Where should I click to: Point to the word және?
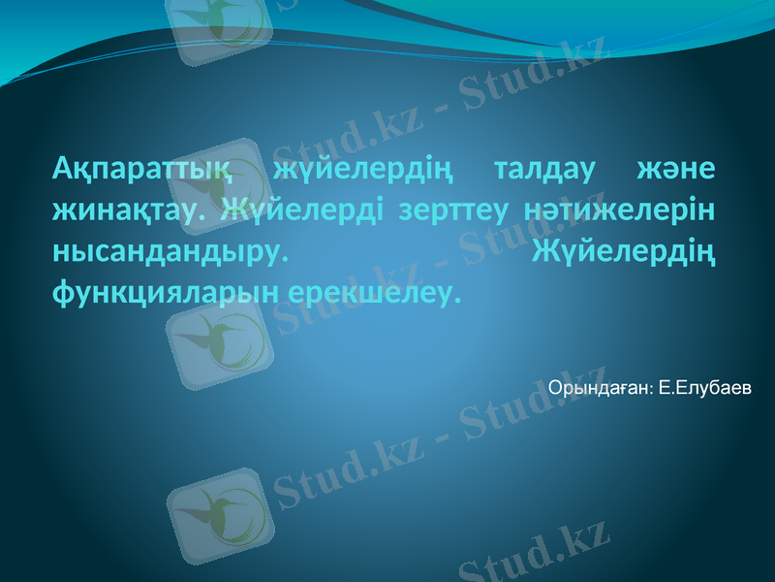coord(676,169)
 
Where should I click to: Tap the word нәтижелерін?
coord(619,209)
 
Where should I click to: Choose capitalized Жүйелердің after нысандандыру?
coord(624,249)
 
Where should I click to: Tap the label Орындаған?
coord(600,389)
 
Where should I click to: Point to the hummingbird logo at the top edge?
coord(218,24)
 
